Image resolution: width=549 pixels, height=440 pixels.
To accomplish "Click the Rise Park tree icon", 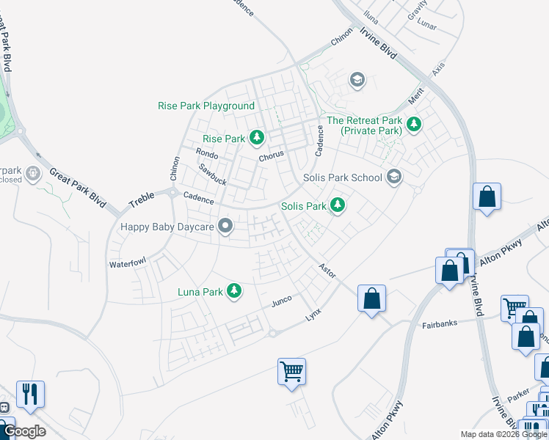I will (256, 137).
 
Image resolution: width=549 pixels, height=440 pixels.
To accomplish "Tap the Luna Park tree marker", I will (234, 291).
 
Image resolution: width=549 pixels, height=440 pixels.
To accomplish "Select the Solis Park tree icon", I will (337, 205).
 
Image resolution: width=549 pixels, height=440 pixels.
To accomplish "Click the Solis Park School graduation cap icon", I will (394, 177).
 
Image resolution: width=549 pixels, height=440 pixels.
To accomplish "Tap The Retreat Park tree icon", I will (414, 125).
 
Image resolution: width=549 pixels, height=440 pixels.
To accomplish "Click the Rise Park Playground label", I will (206, 106).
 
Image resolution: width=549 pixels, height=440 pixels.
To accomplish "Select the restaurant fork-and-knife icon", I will (30, 394).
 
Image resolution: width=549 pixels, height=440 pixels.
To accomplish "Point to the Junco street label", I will (282, 300).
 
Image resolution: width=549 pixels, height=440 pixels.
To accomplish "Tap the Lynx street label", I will (313, 314).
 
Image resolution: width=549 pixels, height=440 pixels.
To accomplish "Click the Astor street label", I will (327, 271).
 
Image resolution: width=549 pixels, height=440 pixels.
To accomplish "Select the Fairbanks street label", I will (440, 324).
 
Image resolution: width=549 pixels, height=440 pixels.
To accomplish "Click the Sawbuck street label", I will (212, 174).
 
